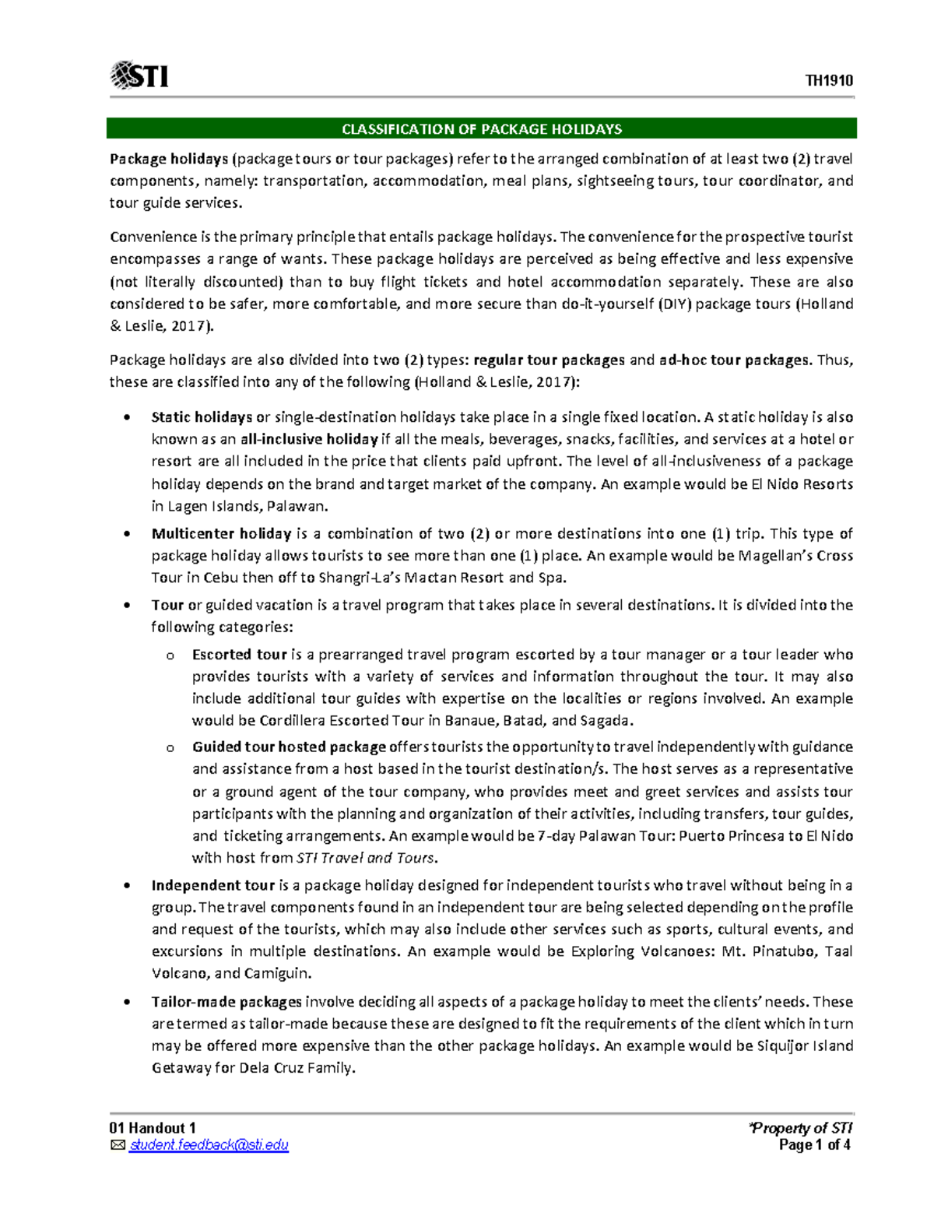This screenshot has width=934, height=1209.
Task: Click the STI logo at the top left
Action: pyautogui.click(x=139, y=76)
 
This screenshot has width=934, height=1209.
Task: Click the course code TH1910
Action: pyautogui.click(x=829, y=81)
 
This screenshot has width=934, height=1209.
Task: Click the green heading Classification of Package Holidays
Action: pyautogui.click(x=482, y=129)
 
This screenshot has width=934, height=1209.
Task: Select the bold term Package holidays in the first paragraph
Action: pyautogui.click(x=169, y=159)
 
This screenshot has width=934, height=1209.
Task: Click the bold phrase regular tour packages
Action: pyautogui.click(x=549, y=360)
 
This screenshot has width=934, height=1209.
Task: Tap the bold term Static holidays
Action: pyautogui.click(x=202, y=417)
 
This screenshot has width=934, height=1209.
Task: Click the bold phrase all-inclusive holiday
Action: pyautogui.click(x=309, y=439)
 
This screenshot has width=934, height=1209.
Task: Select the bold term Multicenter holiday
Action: pyautogui.click(x=221, y=534)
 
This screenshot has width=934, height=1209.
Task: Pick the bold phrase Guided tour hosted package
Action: pyautogui.click(x=289, y=747)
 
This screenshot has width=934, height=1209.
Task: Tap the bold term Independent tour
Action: pyautogui.click(x=213, y=885)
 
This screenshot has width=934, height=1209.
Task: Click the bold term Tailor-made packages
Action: pyautogui.click(x=226, y=1002)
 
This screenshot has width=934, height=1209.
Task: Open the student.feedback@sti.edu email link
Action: pyautogui.click(x=209, y=1145)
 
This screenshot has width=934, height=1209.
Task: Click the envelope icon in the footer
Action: pyautogui.click(x=118, y=1145)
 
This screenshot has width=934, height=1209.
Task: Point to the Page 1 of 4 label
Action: pyautogui.click(x=814, y=1145)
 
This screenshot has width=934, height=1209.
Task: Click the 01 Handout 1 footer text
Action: pyautogui.click(x=153, y=1128)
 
